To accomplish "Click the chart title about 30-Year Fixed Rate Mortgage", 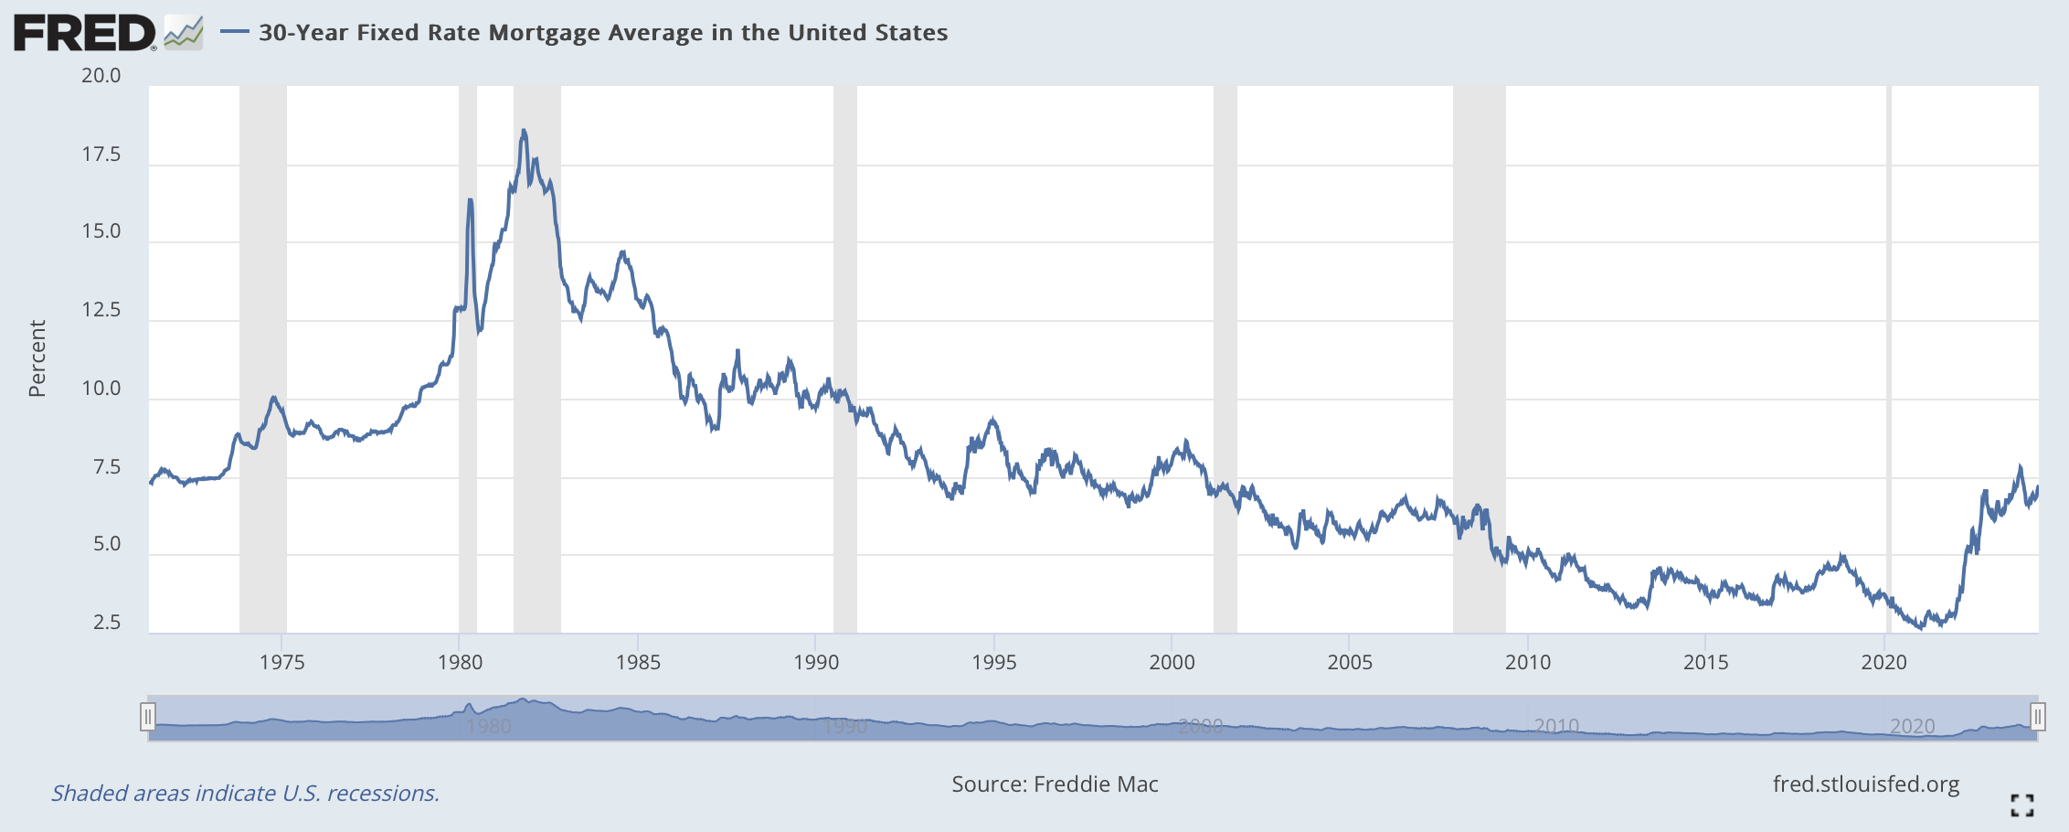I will coord(603,33).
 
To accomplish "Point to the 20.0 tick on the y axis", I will coord(101,76).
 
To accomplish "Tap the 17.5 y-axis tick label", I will coord(101,155).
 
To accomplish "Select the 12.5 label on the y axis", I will coord(101,310).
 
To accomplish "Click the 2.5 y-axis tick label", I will coord(107,623).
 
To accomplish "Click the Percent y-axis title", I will coord(37,358).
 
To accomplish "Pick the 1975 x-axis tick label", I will coord(281,662).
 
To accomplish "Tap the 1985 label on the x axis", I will coord(638,662).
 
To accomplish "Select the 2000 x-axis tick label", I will coord(1172,662).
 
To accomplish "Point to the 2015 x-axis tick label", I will coord(1705,662).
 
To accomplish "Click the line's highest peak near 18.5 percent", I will coord(523,131).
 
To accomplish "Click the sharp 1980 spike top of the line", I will coord(470,199).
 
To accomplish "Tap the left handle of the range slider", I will coord(148,717).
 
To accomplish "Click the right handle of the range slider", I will coord(2037,717).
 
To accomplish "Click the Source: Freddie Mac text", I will coord(1055,784).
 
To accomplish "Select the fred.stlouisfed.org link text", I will coord(1866,784).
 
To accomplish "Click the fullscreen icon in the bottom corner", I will coord(2021,805).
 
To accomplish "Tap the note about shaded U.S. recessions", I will coord(245,793).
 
